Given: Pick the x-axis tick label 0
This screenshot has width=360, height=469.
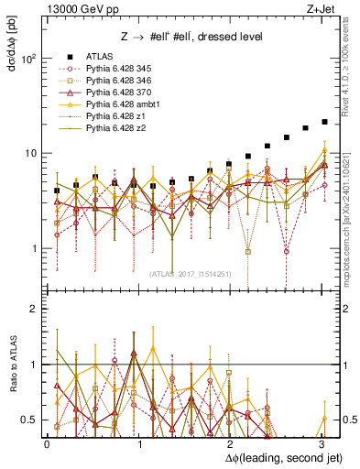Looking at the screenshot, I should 47,444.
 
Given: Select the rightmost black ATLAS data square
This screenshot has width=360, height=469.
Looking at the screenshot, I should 324,122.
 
